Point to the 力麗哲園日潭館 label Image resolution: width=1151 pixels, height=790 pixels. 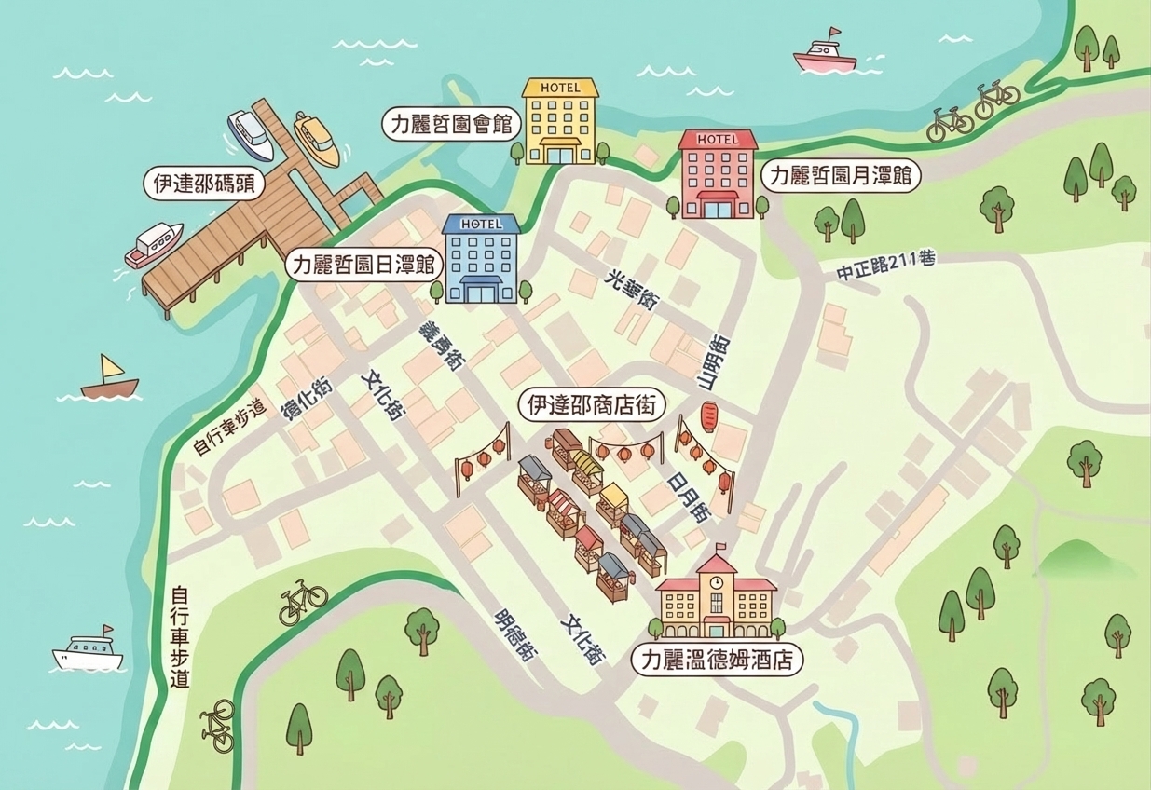363,265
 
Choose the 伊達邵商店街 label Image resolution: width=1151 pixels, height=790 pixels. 594,405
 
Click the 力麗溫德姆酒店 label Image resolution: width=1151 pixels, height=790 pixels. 716,661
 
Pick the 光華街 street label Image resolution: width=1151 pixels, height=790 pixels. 634,290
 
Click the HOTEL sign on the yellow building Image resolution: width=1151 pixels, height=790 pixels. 560,88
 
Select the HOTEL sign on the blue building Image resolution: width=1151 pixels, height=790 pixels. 481,224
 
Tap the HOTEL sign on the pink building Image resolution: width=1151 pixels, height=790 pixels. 717,139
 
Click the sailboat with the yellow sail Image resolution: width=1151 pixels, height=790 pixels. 109,377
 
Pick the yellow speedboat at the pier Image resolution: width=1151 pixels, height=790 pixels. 317,139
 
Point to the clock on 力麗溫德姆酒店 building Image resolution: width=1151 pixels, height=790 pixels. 716,581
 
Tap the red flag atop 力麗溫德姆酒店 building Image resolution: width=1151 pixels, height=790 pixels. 722,548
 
